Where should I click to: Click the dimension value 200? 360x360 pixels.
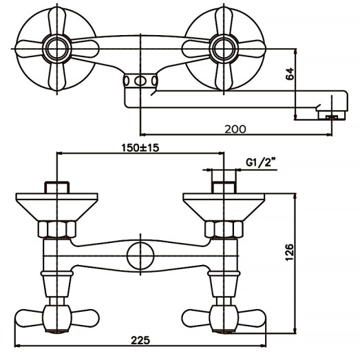[x=234, y=128]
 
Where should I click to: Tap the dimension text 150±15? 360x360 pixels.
[x=140, y=147]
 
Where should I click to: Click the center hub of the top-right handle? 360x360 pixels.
[x=224, y=47]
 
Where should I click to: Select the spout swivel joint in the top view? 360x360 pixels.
[x=140, y=82]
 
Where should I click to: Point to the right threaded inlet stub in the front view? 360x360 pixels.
[x=224, y=187]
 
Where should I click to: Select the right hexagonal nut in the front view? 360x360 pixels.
[x=224, y=229]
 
